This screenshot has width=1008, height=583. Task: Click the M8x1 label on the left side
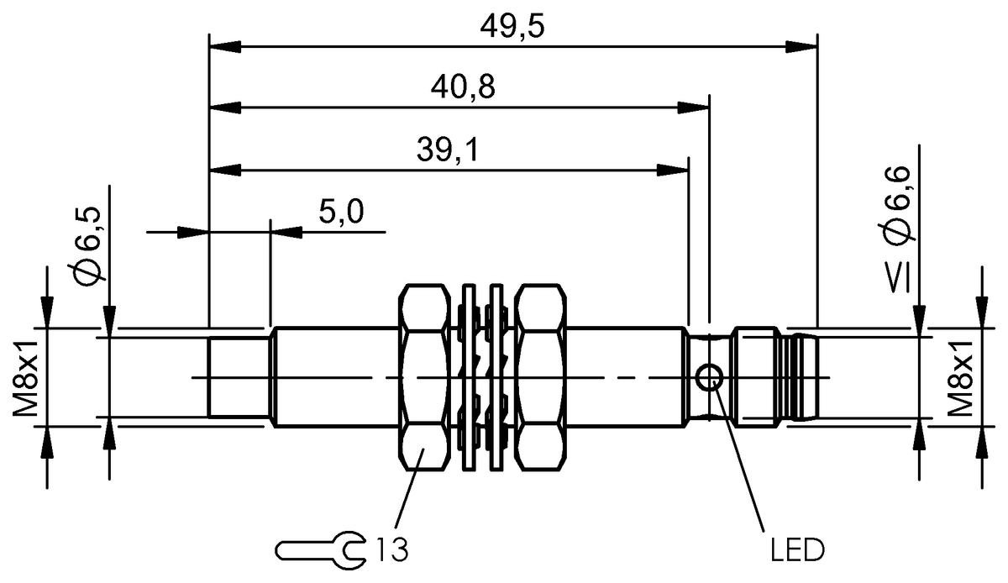[x=29, y=377]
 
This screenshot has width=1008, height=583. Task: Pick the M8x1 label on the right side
[x=961, y=377]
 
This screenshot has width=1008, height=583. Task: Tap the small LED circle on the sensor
[x=711, y=378]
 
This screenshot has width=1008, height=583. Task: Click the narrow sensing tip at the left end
[x=239, y=377]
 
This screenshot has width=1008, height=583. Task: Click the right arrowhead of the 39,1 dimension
[x=674, y=170]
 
